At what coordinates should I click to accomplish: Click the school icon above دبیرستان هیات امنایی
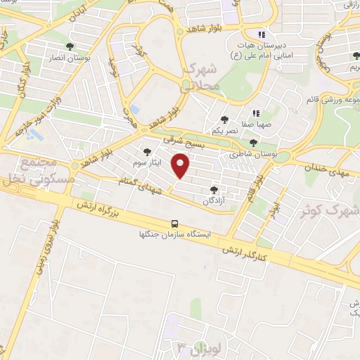(x=262, y=34)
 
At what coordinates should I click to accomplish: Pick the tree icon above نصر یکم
(x=224, y=120)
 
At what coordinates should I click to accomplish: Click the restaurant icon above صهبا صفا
(x=256, y=112)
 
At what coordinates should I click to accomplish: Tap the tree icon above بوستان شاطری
(x=253, y=143)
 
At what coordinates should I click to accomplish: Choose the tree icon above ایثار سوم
(x=147, y=151)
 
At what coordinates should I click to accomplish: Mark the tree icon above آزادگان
(x=214, y=190)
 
